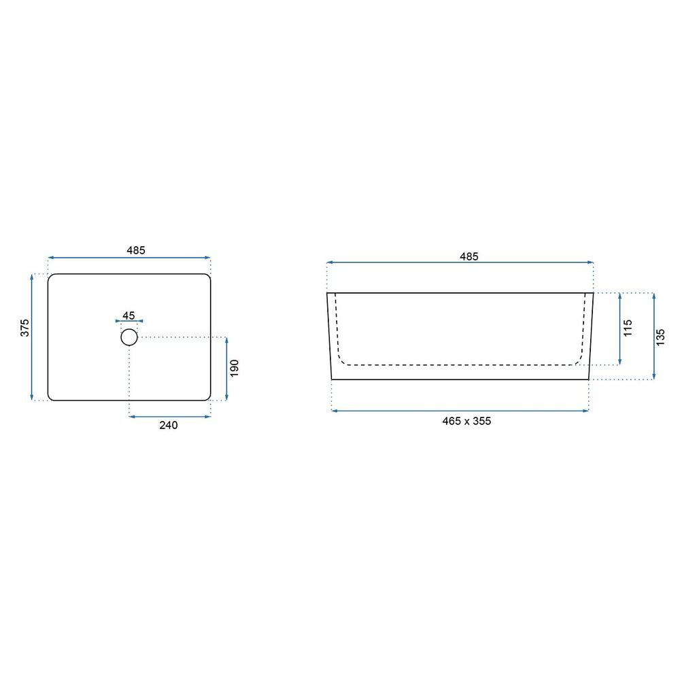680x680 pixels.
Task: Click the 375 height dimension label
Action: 25,328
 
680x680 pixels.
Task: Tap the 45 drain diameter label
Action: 129,316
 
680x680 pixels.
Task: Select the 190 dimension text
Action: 234,368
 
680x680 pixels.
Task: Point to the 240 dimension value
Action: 168,425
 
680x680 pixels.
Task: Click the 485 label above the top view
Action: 136,250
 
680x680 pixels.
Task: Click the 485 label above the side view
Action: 469,256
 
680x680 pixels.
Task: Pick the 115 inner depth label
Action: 628,328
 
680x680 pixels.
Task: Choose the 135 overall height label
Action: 660,337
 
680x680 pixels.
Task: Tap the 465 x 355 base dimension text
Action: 466,421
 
